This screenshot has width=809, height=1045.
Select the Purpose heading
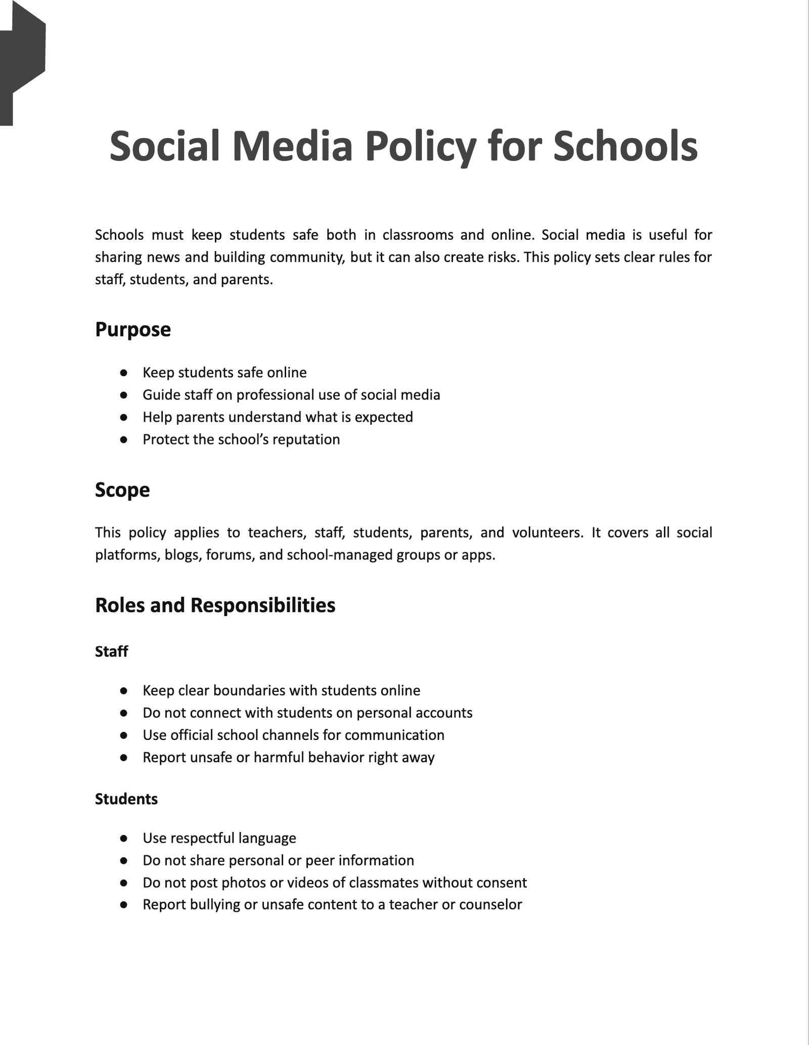pos(133,330)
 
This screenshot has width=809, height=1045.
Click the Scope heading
pos(122,490)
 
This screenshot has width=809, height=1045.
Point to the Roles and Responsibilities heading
pos(215,605)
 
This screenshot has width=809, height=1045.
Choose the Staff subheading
pos(111,651)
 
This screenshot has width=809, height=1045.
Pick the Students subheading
pos(126,799)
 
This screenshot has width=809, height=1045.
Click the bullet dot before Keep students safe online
pos(123,373)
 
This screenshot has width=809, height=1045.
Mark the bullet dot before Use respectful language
pos(123,838)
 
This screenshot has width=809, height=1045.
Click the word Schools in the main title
pos(625,147)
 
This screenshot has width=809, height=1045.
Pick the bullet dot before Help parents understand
pos(123,417)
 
